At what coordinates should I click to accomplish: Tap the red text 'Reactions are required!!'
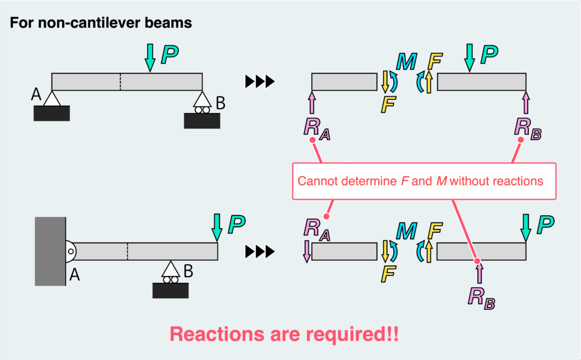[x=284, y=333]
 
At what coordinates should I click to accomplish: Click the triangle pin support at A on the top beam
[x=52, y=99]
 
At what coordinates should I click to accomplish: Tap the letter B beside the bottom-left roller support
[x=188, y=270]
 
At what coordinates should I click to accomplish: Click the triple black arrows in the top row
[x=260, y=82]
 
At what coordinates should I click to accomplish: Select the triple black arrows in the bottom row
[x=260, y=251]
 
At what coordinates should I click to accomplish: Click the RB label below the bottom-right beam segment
[x=481, y=297]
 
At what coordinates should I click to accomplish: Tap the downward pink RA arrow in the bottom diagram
[x=307, y=250]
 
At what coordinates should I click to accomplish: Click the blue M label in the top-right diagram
[x=406, y=61]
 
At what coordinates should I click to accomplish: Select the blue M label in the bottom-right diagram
[x=406, y=231]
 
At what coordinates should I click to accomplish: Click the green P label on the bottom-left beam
[x=237, y=225]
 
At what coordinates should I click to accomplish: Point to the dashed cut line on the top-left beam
[x=120, y=82]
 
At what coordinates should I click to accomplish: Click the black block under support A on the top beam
[x=52, y=114]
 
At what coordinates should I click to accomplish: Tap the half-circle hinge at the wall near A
[x=69, y=251]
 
